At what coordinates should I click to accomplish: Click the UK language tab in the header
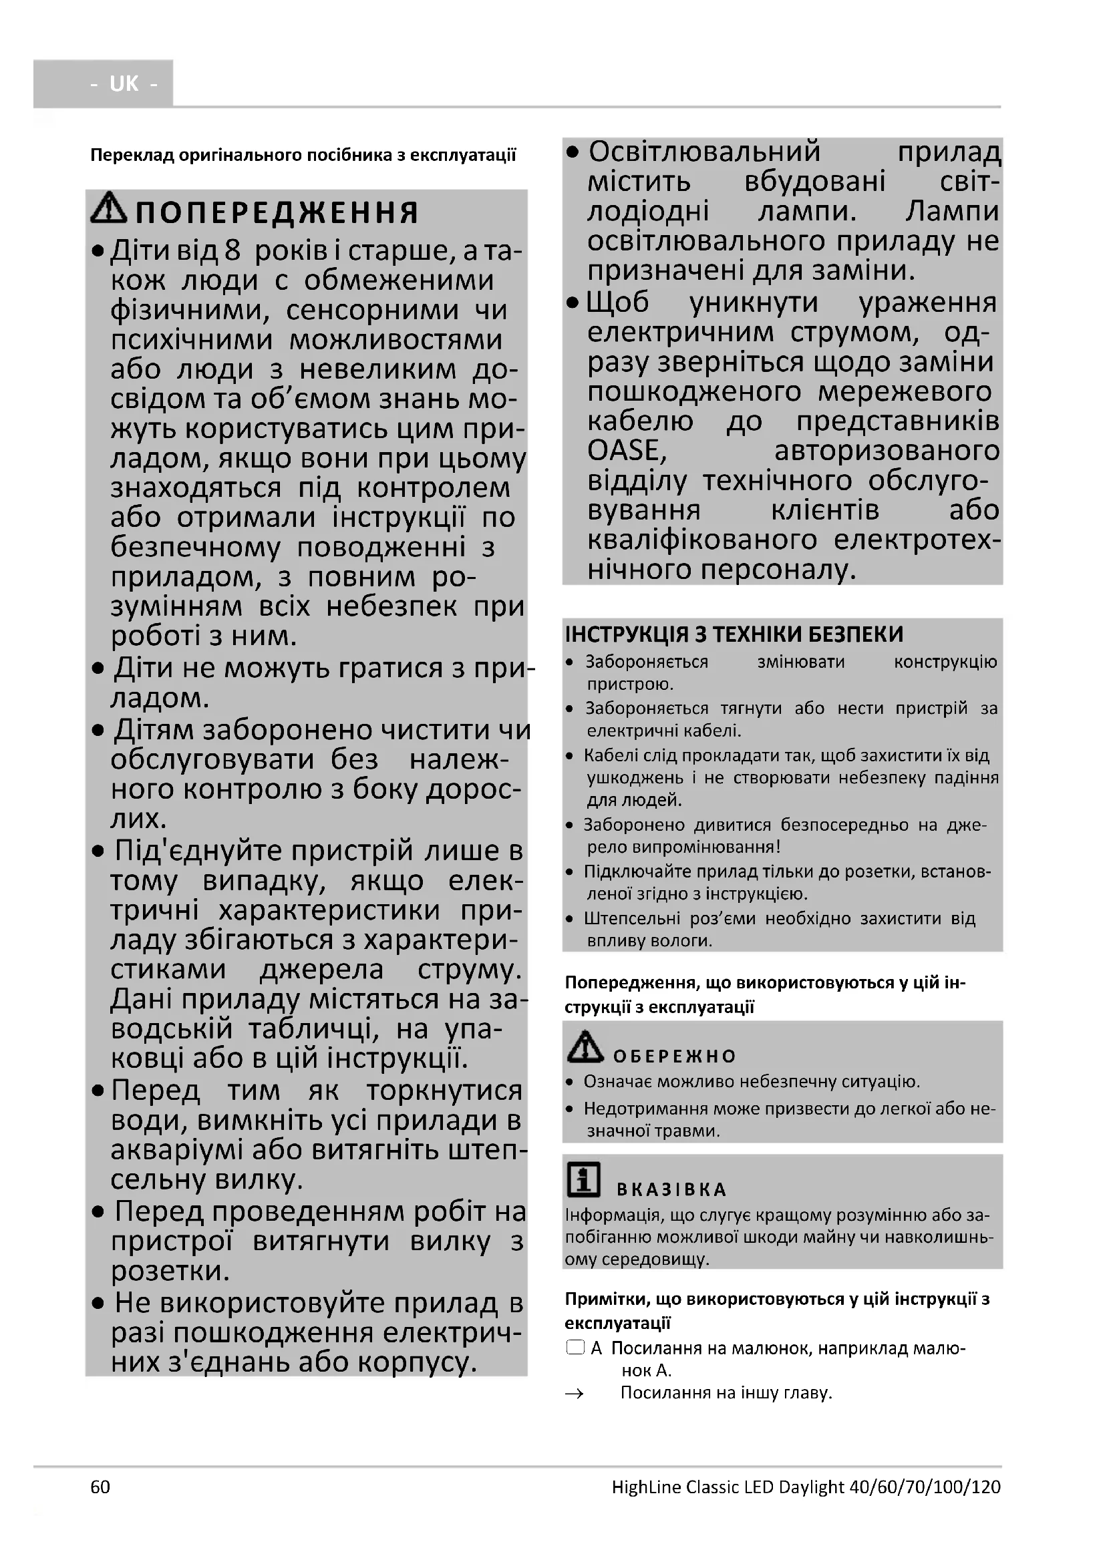click(x=123, y=83)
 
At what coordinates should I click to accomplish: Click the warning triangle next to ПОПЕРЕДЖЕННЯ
click(x=109, y=209)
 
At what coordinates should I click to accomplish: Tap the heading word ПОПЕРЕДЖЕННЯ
click(x=277, y=213)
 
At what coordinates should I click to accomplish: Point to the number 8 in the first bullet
click(x=232, y=251)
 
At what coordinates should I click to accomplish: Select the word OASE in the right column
click(x=627, y=450)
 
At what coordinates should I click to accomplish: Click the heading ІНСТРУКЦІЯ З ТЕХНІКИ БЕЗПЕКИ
click(x=734, y=634)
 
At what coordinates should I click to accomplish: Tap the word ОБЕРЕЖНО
click(x=674, y=1056)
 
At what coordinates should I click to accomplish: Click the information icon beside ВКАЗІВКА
click(x=584, y=1179)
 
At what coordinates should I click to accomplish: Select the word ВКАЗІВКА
click(x=671, y=1189)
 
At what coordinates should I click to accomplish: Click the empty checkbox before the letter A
click(x=576, y=1348)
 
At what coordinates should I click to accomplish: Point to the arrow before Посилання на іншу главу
click(x=575, y=1394)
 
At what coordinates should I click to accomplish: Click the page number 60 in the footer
click(x=100, y=1487)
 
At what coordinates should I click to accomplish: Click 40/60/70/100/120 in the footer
click(x=925, y=1487)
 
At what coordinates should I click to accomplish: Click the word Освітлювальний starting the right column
click(x=704, y=152)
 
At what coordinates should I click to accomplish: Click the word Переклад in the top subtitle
click(x=132, y=156)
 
